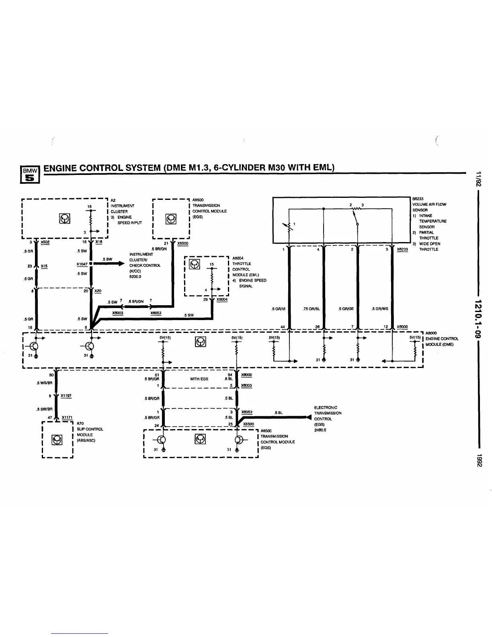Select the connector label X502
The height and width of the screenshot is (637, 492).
point(45,242)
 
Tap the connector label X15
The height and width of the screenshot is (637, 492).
point(44,266)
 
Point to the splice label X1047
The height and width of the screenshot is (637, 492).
point(82,264)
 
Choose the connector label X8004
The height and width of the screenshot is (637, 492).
point(222,300)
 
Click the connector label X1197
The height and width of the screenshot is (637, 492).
point(66,396)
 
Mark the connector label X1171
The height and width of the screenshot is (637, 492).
point(67,418)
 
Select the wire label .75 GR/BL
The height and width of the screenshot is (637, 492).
point(311,309)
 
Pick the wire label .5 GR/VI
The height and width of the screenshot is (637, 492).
point(279,309)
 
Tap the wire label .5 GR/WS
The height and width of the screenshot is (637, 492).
point(380,309)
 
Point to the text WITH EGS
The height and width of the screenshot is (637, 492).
point(199,379)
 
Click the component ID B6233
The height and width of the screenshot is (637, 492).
point(418,199)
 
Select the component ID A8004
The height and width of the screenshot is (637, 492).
point(238,258)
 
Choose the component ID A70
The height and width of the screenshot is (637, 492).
point(80,423)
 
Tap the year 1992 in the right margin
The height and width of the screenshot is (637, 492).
point(479,460)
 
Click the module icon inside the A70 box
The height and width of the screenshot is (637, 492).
point(57,440)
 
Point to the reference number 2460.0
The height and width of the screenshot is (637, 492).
point(320,430)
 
